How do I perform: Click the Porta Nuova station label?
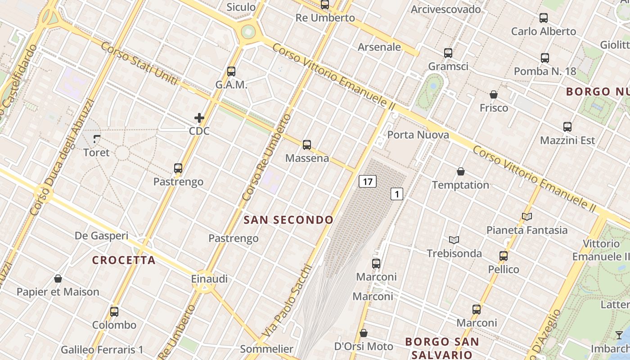tap(418, 135)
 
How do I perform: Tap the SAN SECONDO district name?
tap(288, 220)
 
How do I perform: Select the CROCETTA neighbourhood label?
tap(124, 260)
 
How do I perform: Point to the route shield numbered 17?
tap(368, 182)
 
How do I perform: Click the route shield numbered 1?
tap(396, 194)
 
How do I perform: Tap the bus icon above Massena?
tap(307, 145)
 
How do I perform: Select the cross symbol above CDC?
tap(199, 118)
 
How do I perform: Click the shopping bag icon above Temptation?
tap(461, 171)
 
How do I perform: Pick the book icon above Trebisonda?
tap(454, 240)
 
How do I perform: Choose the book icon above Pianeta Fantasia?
tap(527, 216)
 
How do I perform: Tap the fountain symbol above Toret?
tap(97, 139)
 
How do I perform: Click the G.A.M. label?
tap(231, 85)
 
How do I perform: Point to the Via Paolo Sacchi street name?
tap(286, 301)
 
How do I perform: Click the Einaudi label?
tap(209, 279)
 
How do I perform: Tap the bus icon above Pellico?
tap(504, 256)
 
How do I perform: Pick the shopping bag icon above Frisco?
tap(494, 94)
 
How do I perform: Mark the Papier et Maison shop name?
tap(58, 292)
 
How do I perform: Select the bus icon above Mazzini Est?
tap(567, 127)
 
